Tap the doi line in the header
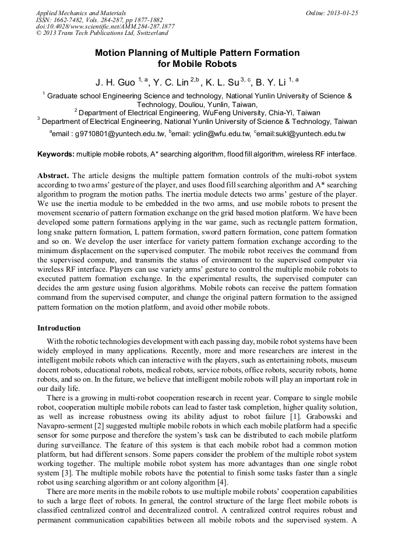(105, 27)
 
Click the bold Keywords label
(56, 154)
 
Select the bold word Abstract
(53, 175)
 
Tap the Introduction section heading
(59, 328)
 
